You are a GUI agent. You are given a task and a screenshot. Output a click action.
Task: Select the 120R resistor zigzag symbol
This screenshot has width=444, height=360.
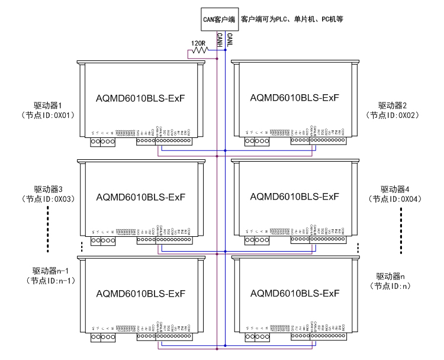199,52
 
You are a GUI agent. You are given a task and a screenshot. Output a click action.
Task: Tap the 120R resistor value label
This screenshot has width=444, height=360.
198,43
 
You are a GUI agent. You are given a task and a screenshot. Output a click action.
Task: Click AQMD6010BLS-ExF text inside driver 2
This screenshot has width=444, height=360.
295,97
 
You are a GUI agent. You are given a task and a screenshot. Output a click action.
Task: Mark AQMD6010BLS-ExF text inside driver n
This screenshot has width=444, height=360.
295,294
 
